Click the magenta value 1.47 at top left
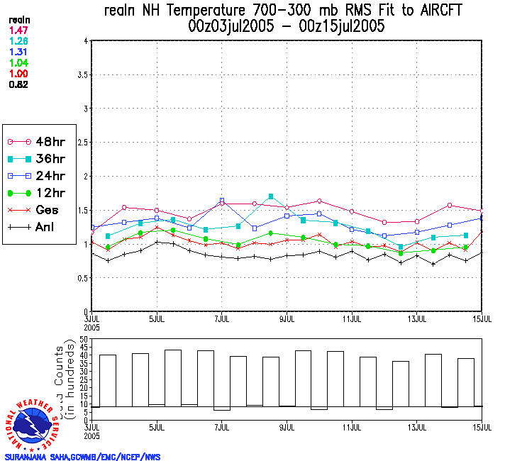pos(18,30)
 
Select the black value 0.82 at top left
pos(18,84)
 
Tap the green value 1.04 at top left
pos(18,63)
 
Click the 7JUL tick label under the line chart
pos(221,318)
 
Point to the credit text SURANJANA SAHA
pos(43,457)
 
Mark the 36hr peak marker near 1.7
pos(271,196)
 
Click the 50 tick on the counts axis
pos(84,340)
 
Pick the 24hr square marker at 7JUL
pos(222,201)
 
